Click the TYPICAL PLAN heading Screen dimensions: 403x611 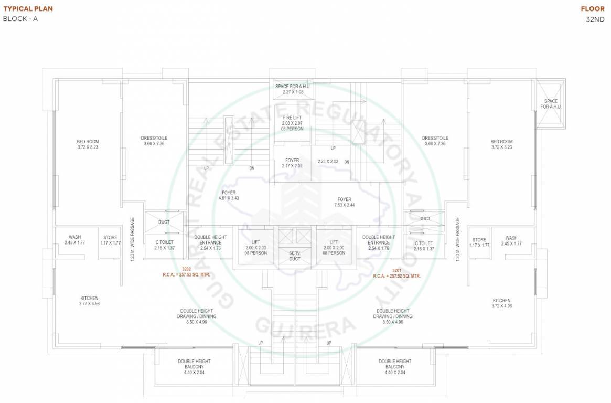point(28,9)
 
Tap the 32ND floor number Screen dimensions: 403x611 point(595,19)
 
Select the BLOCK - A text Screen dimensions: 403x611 point(20,19)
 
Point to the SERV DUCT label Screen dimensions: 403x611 point(294,256)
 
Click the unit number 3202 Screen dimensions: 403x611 point(186,269)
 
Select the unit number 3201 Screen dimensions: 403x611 point(396,270)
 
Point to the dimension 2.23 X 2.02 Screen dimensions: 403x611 point(328,162)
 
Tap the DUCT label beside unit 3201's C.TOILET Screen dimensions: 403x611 point(425,219)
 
